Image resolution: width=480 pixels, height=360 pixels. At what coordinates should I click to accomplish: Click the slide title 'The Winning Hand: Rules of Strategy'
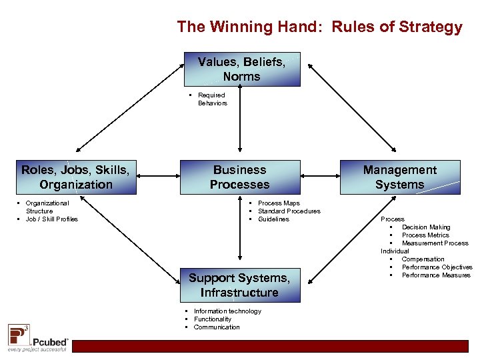[319, 27]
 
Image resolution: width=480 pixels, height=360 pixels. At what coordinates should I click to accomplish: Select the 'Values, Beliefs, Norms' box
[241, 69]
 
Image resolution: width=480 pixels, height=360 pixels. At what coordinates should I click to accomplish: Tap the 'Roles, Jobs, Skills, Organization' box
[76, 177]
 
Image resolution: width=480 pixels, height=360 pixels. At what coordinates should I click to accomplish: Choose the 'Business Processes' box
[239, 177]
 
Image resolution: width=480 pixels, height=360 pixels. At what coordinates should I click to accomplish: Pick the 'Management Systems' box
[399, 177]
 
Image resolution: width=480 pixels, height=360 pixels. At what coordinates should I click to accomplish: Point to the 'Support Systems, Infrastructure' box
[239, 285]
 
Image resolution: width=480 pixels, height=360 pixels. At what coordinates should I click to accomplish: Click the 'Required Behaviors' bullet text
[212, 99]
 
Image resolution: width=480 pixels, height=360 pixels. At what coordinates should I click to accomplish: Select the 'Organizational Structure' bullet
[47, 207]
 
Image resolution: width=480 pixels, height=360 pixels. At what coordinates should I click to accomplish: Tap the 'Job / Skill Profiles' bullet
[51, 219]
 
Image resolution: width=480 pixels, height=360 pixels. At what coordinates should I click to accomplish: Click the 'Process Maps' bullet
[279, 203]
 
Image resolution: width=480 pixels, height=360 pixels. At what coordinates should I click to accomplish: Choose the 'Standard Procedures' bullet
[289, 211]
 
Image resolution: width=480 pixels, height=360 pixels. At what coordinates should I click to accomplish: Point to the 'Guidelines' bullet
[273, 219]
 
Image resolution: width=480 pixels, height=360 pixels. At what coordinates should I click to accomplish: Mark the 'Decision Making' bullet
[426, 227]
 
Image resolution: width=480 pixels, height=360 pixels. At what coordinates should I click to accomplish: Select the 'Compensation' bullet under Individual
[423, 259]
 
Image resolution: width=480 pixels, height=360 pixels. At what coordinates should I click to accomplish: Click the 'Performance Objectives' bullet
[437, 267]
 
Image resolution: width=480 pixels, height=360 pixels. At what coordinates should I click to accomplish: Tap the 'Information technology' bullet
[227, 311]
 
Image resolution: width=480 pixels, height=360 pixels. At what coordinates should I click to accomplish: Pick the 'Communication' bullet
[217, 327]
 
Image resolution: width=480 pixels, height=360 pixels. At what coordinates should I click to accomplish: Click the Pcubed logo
[37, 337]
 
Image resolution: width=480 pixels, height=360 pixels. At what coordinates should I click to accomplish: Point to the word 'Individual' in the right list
[394, 251]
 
